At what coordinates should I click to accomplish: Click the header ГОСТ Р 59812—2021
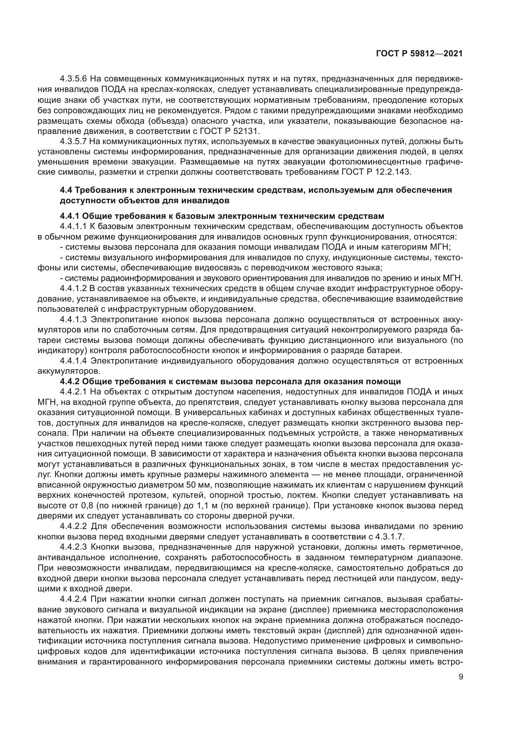coord(419,54)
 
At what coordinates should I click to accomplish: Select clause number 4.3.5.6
coord(73,79)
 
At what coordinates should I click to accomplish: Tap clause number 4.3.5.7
coord(73,142)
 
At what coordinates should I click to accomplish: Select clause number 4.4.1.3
coord(73,319)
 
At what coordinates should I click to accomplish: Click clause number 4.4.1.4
coord(73,361)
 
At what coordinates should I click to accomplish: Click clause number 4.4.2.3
coord(73,547)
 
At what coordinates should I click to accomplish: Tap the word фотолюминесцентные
coord(384,162)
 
